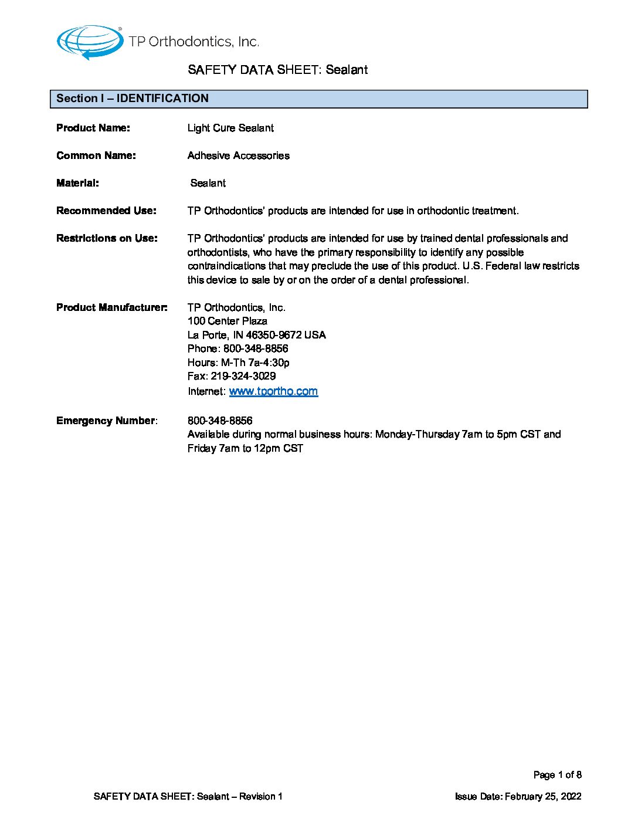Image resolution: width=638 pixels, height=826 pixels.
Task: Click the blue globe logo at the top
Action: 89,42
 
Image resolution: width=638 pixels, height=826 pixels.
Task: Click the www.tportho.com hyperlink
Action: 273,391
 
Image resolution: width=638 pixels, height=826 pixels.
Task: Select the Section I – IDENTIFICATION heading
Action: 133,99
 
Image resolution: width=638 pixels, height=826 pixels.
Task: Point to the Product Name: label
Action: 93,128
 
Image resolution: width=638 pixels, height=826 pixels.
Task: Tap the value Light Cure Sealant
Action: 230,128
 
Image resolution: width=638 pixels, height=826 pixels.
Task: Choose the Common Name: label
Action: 96,155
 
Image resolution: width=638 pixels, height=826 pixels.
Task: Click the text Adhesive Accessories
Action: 238,155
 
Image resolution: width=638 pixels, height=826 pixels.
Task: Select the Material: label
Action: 77,183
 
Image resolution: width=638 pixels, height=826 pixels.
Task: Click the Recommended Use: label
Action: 106,211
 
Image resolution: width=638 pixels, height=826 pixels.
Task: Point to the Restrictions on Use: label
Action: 107,238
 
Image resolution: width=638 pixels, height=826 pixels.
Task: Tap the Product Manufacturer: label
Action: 111,307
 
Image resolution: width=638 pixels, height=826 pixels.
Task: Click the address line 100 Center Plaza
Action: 228,321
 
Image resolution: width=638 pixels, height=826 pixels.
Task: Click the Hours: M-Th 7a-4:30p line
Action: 238,363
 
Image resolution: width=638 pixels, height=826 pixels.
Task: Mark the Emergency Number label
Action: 106,421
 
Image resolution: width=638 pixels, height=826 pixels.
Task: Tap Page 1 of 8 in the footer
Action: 557,775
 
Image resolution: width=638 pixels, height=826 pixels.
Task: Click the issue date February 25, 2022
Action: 543,797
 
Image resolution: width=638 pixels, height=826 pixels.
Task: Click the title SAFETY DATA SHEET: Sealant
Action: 277,70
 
